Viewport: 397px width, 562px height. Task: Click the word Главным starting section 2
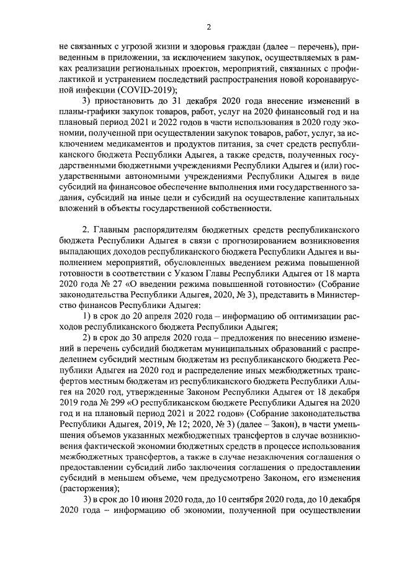pos(115,238)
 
